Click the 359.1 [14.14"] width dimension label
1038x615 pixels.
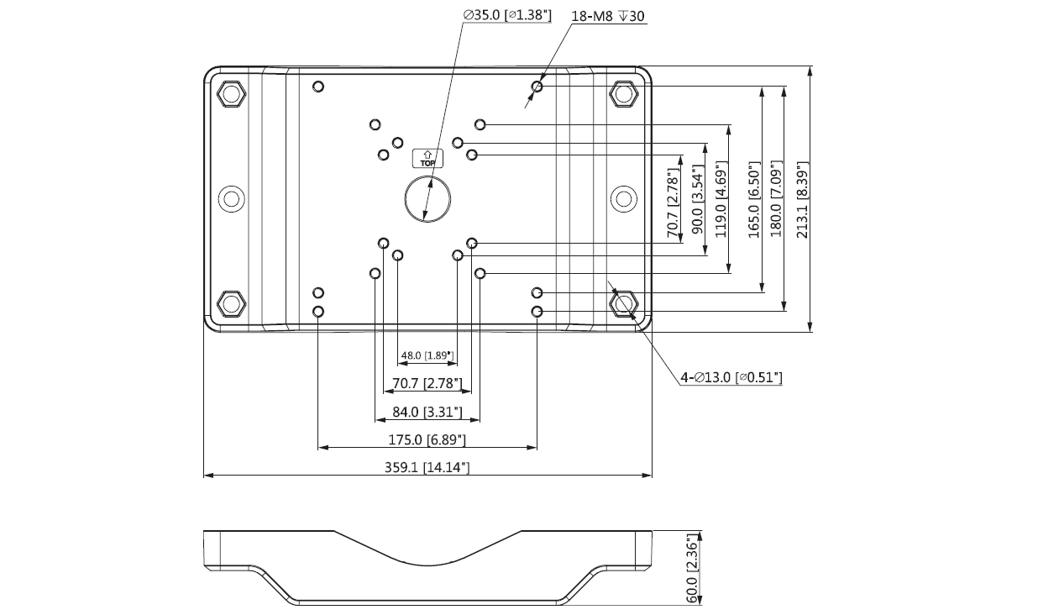tap(427, 467)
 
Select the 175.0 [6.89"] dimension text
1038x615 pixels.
tap(427, 439)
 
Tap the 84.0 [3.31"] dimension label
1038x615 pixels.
tap(427, 412)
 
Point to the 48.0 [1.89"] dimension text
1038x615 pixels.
tap(427, 355)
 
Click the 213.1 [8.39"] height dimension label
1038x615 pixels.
tap(802, 200)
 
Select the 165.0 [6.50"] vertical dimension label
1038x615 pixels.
tap(753, 200)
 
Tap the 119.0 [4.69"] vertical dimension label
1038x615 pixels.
tap(720, 198)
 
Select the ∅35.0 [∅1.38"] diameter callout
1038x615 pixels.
tap(506, 15)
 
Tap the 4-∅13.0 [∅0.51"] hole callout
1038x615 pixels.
tap(731, 378)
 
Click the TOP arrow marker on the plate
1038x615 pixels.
tap(427, 157)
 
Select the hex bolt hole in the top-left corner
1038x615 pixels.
tap(230, 92)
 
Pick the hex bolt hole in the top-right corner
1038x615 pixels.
tap(622, 92)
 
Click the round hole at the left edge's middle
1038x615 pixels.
tap(230, 198)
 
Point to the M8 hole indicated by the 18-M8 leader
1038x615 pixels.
tap(537, 87)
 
